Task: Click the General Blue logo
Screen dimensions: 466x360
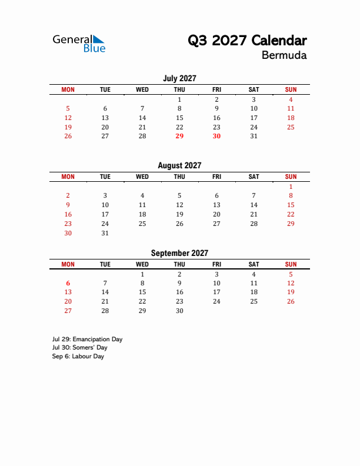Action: coord(79,43)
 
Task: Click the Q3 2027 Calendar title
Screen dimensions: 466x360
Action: coord(247,41)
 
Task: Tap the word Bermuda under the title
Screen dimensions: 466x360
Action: coord(284,56)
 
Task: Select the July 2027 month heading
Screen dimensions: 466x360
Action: coord(179,78)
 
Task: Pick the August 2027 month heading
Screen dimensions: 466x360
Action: coord(179,166)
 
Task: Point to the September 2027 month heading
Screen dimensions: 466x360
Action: coord(179,253)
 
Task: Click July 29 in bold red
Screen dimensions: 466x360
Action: coord(179,136)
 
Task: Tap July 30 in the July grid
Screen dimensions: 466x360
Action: coord(216,136)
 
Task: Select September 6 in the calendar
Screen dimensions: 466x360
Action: coord(68,283)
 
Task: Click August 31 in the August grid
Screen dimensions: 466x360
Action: coord(105,233)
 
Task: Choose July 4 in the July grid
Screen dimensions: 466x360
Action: coord(291,99)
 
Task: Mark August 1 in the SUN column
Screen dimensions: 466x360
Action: coord(291,187)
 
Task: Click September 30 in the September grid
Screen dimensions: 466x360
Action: coord(179,311)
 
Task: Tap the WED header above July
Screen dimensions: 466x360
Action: coord(142,89)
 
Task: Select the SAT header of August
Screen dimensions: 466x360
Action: coord(254,177)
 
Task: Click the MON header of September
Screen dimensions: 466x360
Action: coord(68,264)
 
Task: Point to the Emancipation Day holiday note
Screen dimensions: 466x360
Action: coord(87,339)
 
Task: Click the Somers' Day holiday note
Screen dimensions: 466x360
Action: coord(79,348)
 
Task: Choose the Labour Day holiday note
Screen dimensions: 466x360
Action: coord(78,357)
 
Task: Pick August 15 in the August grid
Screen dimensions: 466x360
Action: coord(291,205)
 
